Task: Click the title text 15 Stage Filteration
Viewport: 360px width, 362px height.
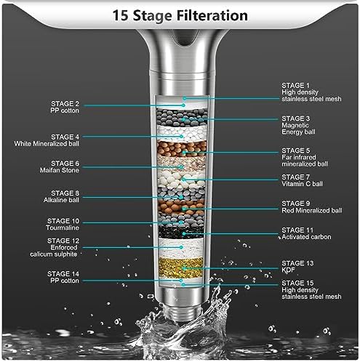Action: pyautogui.click(x=180, y=15)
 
